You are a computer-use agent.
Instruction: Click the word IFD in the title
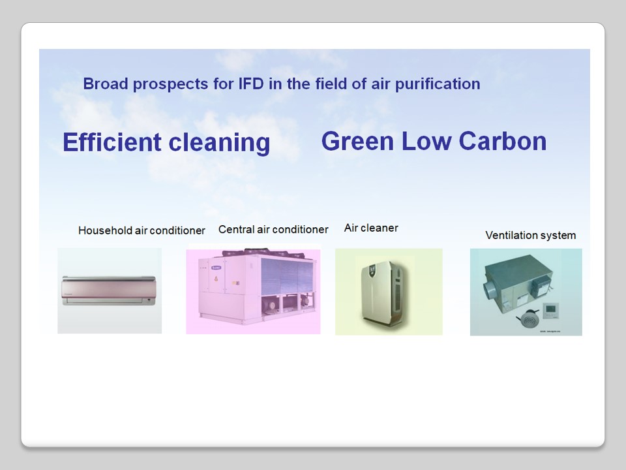click(x=251, y=84)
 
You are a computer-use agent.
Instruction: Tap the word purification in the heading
click(x=438, y=85)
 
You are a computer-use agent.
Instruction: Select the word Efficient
click(x=112, y=142)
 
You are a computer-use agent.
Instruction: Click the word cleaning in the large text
click(x=220, y=143)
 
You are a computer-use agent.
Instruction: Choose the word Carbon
click(x=503, y=141)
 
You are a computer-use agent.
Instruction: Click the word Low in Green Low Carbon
click(x=426, y=141)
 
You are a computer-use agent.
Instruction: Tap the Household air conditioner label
click(x=142, y=230)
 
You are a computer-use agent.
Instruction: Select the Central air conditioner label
click(x=273, y=229)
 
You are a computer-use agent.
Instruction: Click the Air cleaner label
click(x=371, y=228)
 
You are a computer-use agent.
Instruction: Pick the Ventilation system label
click(x=531, y=236)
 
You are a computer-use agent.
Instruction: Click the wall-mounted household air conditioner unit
click(x=109, y=290)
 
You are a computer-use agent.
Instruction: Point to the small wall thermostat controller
click(x=551, y=311)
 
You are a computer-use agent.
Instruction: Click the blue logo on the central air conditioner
click(x=216, y=268)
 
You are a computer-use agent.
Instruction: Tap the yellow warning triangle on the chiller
click(x=216, y=278)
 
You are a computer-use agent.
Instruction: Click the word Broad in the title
click(x=106, y=84)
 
